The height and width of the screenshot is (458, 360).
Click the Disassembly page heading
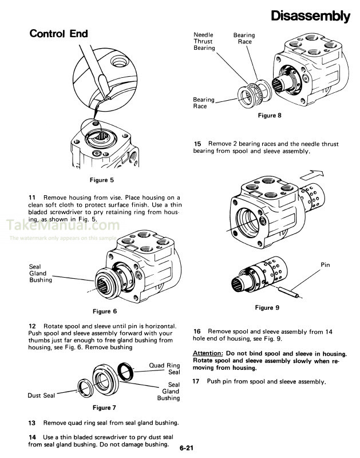310,16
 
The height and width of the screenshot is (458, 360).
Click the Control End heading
58,34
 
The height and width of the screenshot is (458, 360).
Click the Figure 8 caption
270,116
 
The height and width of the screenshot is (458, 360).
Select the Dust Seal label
41,395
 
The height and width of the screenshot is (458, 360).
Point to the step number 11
33,197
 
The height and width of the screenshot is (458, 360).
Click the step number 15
198,144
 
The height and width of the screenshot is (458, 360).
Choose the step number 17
197,381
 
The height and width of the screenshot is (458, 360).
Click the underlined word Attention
208,353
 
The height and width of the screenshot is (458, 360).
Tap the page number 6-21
187,448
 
